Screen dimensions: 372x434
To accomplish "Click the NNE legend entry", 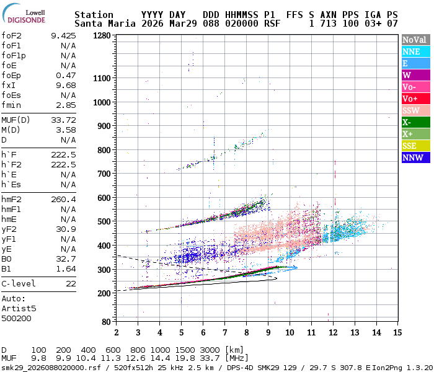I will tap(415, 51).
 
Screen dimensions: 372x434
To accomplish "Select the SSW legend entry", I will tap(415, 110).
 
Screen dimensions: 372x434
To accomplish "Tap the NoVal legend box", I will tap(415, 40).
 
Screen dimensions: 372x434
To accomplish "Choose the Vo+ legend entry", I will tap(415, 99).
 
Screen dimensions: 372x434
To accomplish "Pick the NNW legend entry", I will tap(415, 157).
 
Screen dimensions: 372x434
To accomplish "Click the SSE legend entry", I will tap(415, 146).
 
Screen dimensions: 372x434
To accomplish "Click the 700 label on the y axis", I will tap(104, 174).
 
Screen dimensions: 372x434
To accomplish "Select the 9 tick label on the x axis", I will tap(267, 333).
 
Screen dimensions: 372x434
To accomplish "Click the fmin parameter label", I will tap(11, 105).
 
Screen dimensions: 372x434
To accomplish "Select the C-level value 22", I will tap(71, 283).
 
